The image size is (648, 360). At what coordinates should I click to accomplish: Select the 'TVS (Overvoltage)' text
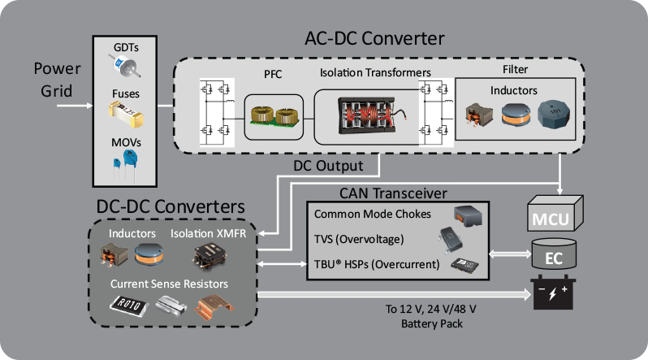pos(359,240)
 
